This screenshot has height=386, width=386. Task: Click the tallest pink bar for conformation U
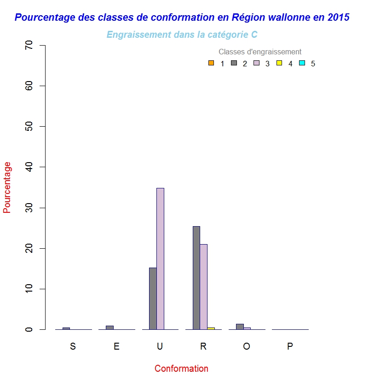click(x=160, y=258)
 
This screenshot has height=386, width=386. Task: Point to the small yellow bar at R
click(x=211, y=328)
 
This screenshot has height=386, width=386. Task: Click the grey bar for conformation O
click(x=240, y=327)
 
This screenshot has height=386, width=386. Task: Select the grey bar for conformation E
click(x=109, y=328)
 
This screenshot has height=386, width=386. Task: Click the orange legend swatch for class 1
click(x=211, y=63)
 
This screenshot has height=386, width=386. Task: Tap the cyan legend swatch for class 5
click(x=302, y=63)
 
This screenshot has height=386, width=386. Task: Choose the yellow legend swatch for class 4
click(x=279, y=63)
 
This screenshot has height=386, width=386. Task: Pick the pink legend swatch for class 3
click(x=256, y=63)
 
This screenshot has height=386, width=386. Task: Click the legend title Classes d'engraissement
click(x=260, y=52)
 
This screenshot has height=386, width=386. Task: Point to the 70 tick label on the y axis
click(x=29, y=46)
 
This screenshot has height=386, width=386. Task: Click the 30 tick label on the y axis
click(x=29, y=208)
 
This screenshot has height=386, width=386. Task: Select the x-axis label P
click(x=290, y=347)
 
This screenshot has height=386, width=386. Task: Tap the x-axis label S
click(x=73, y=347)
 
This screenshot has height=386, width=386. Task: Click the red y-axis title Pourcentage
click(x=7, y=187)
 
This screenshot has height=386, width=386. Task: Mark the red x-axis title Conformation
click(x=181, y=368)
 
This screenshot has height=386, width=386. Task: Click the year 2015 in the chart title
click(x=339, y=18)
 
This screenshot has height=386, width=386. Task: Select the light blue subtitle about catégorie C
click(x=182, y=35)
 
